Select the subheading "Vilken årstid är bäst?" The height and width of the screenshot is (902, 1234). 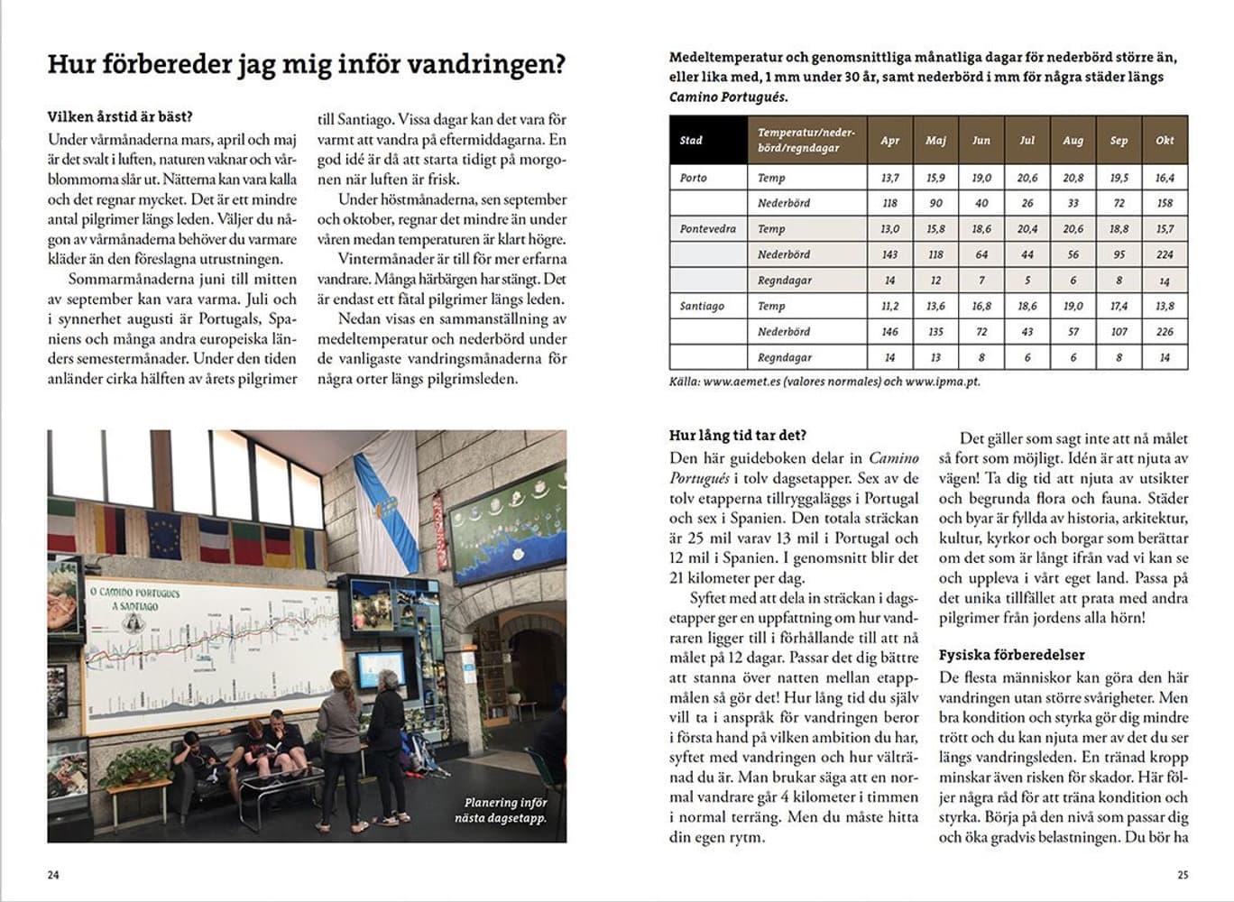coord(120,116)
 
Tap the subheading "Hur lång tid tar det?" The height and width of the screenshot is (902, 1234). coord(737,435)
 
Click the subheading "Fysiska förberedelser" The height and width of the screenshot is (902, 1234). coord(1011,655)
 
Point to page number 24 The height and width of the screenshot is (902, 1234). coord(53,875)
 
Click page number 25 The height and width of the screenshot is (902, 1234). coord(1183,875)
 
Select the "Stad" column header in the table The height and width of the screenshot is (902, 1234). coord(691,140)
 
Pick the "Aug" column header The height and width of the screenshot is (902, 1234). coord(1073,140)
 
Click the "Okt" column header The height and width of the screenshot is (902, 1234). coord(1165,140)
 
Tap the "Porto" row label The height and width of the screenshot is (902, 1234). coord(694,178)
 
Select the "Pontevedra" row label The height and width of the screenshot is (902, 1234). coord(707,229)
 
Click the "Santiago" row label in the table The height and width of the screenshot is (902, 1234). coord(702,306)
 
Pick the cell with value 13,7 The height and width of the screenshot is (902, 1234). coord(889,178)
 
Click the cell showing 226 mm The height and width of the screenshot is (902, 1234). coord(1165,332)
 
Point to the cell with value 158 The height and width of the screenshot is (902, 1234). coord(1165,203)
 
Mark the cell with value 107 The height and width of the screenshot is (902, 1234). coord(1119,332)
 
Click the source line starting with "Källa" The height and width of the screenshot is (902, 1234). coord(824,382)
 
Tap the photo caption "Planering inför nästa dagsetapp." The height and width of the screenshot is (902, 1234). coord(505,810)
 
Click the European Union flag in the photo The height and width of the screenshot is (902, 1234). coord(164,535)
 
